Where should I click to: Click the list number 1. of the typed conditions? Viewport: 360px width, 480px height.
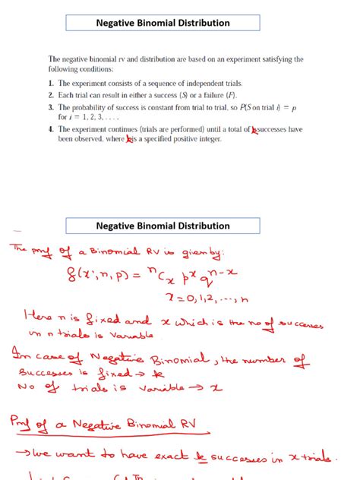[x=51, y=84]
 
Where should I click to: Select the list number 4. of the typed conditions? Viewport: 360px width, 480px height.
[x=51, y=131]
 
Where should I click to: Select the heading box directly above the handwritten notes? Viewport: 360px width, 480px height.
[x=163, y=226]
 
